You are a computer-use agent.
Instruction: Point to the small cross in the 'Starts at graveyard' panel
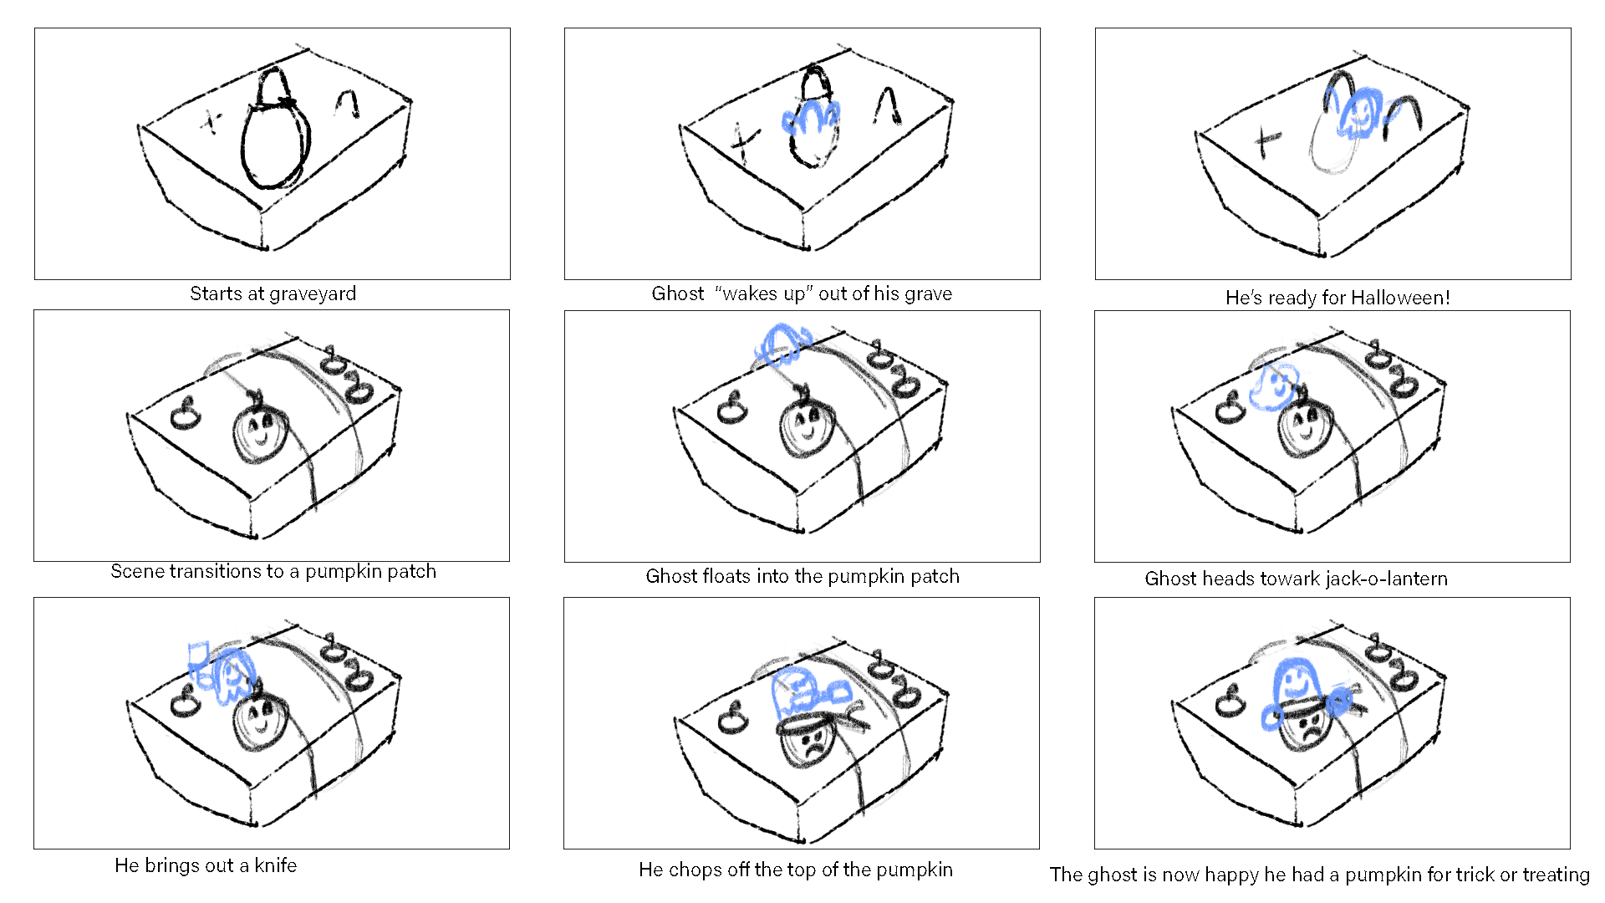[211, 124]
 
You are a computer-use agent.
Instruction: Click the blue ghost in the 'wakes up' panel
[809, 119]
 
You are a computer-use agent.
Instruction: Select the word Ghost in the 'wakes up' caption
[677, 294]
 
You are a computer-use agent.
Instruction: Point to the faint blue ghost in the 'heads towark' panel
[1273, 387]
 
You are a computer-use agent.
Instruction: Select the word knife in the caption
[275, 866]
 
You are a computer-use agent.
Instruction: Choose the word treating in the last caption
[1556, 875]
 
